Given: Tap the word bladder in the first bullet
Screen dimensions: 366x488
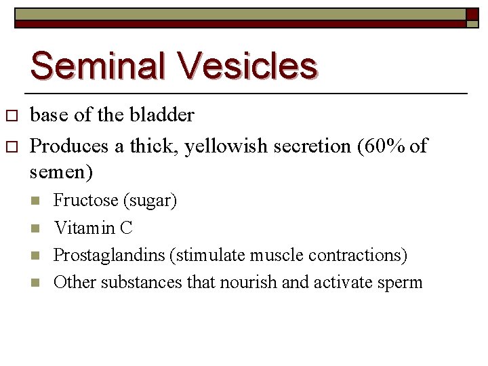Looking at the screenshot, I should pos(165,116).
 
